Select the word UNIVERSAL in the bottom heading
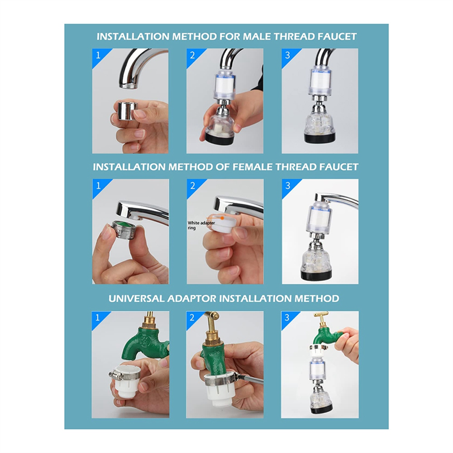(x=136, y=298)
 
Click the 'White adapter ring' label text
(x=201, y=225)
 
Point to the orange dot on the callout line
(x=222, y=218)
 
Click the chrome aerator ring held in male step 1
(x=127, y=110)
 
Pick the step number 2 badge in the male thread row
(x=193, y=55)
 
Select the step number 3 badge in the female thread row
(x=288, y=186)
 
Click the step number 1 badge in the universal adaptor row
(x=97, y=318)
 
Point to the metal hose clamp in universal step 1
(x=123, y=376)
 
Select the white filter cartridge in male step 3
(x=320, y=79)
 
